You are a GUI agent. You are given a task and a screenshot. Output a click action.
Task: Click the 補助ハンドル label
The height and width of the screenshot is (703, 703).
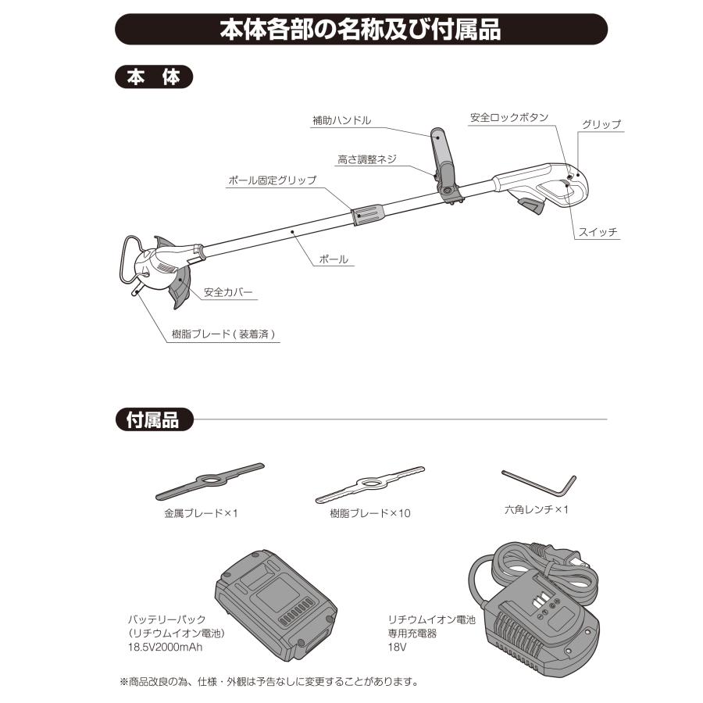pyautogui.click(x=341, y=120)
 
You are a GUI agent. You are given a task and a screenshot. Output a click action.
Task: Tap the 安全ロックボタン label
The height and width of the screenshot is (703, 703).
pyautogui.click(x=509, y=118)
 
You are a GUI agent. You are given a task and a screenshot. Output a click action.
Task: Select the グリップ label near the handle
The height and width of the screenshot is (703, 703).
pyautogui.click(x=601, y=124)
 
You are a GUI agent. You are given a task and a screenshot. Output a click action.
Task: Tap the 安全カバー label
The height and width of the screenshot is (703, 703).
pyautogui.click(x=228, y=293)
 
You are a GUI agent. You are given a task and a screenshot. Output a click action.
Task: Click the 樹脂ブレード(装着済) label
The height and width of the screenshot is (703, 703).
pyautogui.click(x=225, y=334)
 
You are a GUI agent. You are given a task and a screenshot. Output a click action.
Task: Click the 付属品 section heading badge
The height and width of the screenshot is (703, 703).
pyautogui.click(x=153, y=419)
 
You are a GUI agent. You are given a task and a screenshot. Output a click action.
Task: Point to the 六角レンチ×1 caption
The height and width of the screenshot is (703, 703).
pyautogui.click(x=538, y=512)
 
